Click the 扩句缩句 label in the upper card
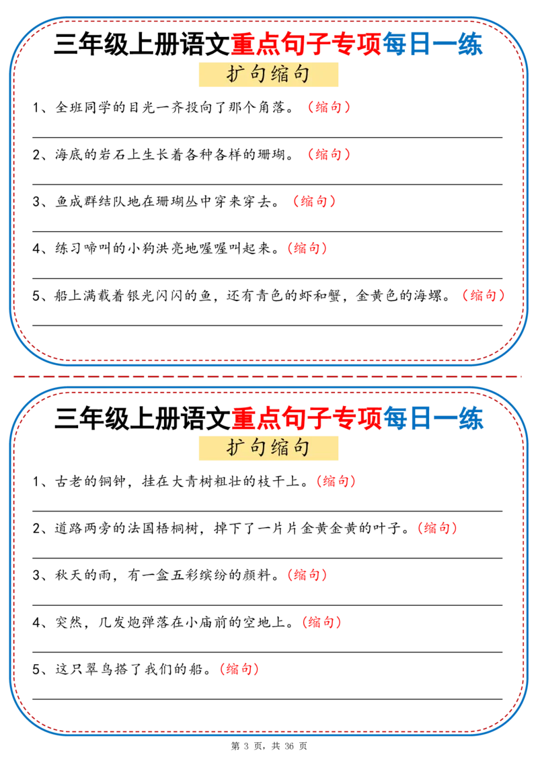(268, 75)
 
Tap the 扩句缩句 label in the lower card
(268, 448)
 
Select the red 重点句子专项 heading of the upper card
(306, 45)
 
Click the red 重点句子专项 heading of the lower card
(306, 418)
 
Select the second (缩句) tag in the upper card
(328, 155)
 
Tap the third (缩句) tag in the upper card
(314, 201)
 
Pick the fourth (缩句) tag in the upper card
(307, 248)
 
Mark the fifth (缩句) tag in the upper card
(484, 295)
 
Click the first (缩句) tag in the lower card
(335, 481)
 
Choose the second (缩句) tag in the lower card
(437, 528)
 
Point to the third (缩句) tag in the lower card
(307, 575)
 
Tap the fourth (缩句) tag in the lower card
(323, 622)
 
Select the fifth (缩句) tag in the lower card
(239, 669)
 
